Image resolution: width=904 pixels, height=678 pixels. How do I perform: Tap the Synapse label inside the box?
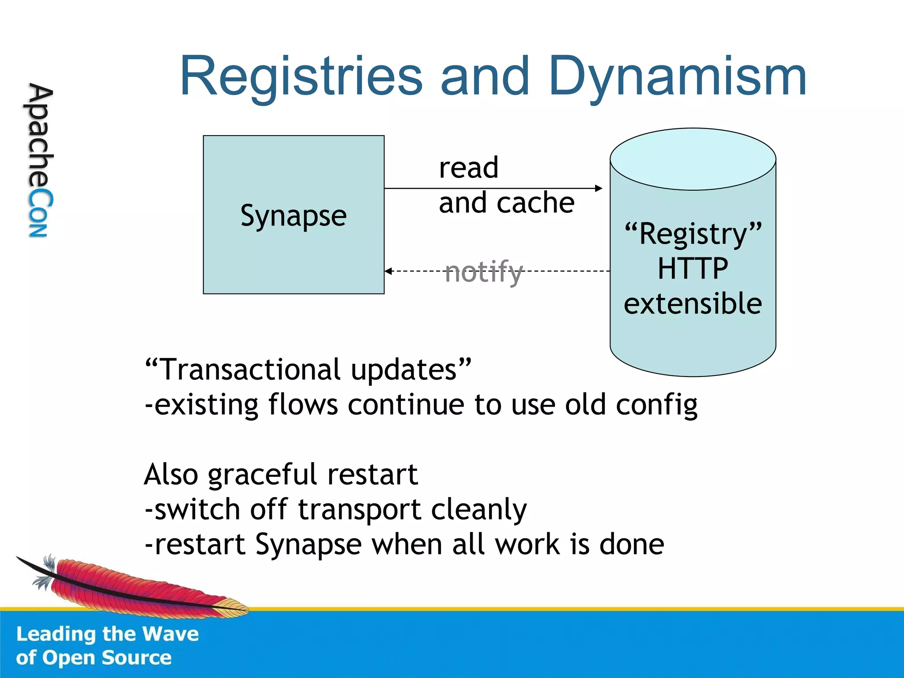pos(294,216)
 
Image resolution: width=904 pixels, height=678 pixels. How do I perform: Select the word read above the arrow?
pos(468,168)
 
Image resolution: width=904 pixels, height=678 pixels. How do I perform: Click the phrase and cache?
pos(506,203)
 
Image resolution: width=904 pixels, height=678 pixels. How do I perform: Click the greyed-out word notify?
pos(483,271)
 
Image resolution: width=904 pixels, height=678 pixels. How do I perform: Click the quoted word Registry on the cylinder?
pos(693,234)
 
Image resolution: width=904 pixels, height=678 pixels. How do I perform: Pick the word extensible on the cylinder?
pos(693,304)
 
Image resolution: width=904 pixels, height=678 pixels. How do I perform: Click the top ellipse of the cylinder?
pos(693,159)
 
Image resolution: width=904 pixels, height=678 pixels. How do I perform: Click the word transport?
pos(359,510)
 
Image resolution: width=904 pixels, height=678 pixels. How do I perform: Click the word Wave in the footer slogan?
pos(171,634)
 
